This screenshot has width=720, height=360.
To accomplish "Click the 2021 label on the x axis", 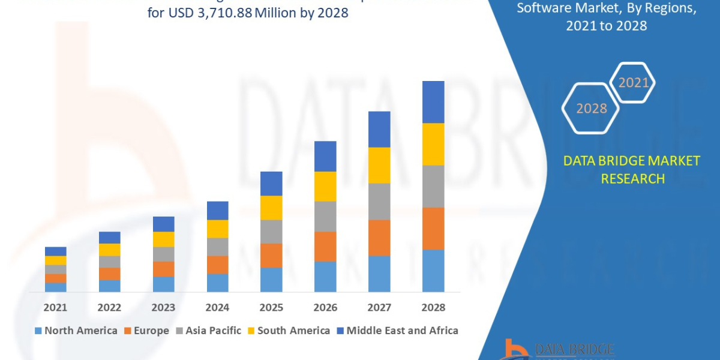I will pyautogui.click(x=55, y=307).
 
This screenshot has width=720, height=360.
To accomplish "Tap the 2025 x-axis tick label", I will pyautogui.click(x=271, y=307).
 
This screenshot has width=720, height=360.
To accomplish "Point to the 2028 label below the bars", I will pyautogui.click(x=433, y=307).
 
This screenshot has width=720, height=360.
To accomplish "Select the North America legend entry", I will pyautogui.click(x=76, y=331).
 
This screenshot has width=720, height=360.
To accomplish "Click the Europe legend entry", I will pyautogui.click(x=146, y=331).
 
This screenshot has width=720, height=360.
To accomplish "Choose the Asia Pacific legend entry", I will pyautogui.click(x=208, y=331).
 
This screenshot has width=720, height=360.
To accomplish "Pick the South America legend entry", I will pyautogui.click(x=288, y=331).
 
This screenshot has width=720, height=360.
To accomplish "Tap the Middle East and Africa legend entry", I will pyautogui.click(x=396, y=331).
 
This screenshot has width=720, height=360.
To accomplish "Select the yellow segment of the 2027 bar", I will pyautogui.click(x=379, y=165).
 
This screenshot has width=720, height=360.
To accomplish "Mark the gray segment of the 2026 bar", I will pyautogui.click(x=325, y=216).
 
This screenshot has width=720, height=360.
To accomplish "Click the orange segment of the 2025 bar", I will pyautogui.click(x=271, y=256).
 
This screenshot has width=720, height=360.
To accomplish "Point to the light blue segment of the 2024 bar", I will pyautogui.click(x=217, y=283).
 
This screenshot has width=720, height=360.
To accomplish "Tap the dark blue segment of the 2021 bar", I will pyautogui.click(x=55, y=251).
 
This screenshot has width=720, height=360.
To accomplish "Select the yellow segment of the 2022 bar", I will pyautogui.click(x=109, y=250).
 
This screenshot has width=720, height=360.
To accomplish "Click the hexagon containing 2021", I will pyautogui.click(x=632, y=83).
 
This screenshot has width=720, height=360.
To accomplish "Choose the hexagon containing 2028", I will pyautogui.click(x=590, y=108).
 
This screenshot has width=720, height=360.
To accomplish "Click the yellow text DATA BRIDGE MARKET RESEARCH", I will pyautogui.click(x=632, y=170).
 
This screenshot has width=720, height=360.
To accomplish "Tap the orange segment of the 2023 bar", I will pyautogui.click(x=163, y=269).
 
